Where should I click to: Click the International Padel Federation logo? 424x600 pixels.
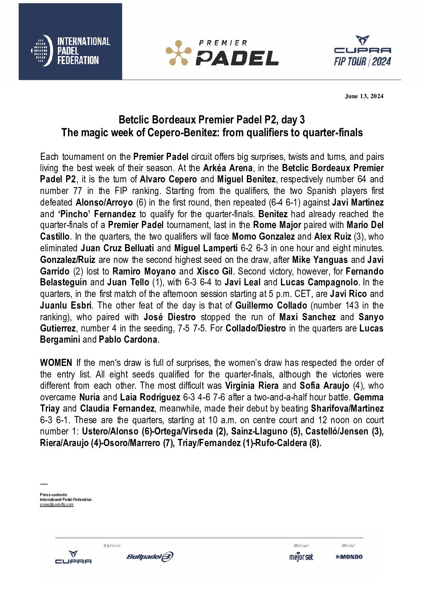click(x=71, y=51)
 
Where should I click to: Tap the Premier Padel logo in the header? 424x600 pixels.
click(x=222, y=53)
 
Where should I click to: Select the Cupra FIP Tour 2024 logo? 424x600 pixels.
click(x=362, y=51)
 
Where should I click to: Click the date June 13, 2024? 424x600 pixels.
click(x=364, y=96)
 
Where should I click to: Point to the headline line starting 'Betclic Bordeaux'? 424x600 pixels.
click(x=212, y=120)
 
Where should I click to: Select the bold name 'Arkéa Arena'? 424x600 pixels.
click(x=228, y=168)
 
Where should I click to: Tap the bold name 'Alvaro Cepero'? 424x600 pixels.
click(x=168, y=179)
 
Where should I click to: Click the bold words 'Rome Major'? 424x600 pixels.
click(x=277, y=225)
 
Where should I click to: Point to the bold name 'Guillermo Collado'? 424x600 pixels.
click(x=271, y=305)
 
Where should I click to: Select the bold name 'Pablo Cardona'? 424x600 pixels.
click(x=128, y=340)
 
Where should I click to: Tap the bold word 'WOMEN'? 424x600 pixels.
click(x=56, y=363)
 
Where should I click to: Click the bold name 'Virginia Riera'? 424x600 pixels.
click(x=252, y=386)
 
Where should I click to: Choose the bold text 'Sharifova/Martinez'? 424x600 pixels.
click(x=347, y=409)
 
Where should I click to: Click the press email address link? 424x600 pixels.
click(x=57, y=505)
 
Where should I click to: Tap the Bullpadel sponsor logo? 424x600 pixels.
click(x=149, y=557)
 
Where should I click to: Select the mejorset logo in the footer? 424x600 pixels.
click(x=301, y=557)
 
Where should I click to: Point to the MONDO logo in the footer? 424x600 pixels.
click(x=349, y=557)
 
